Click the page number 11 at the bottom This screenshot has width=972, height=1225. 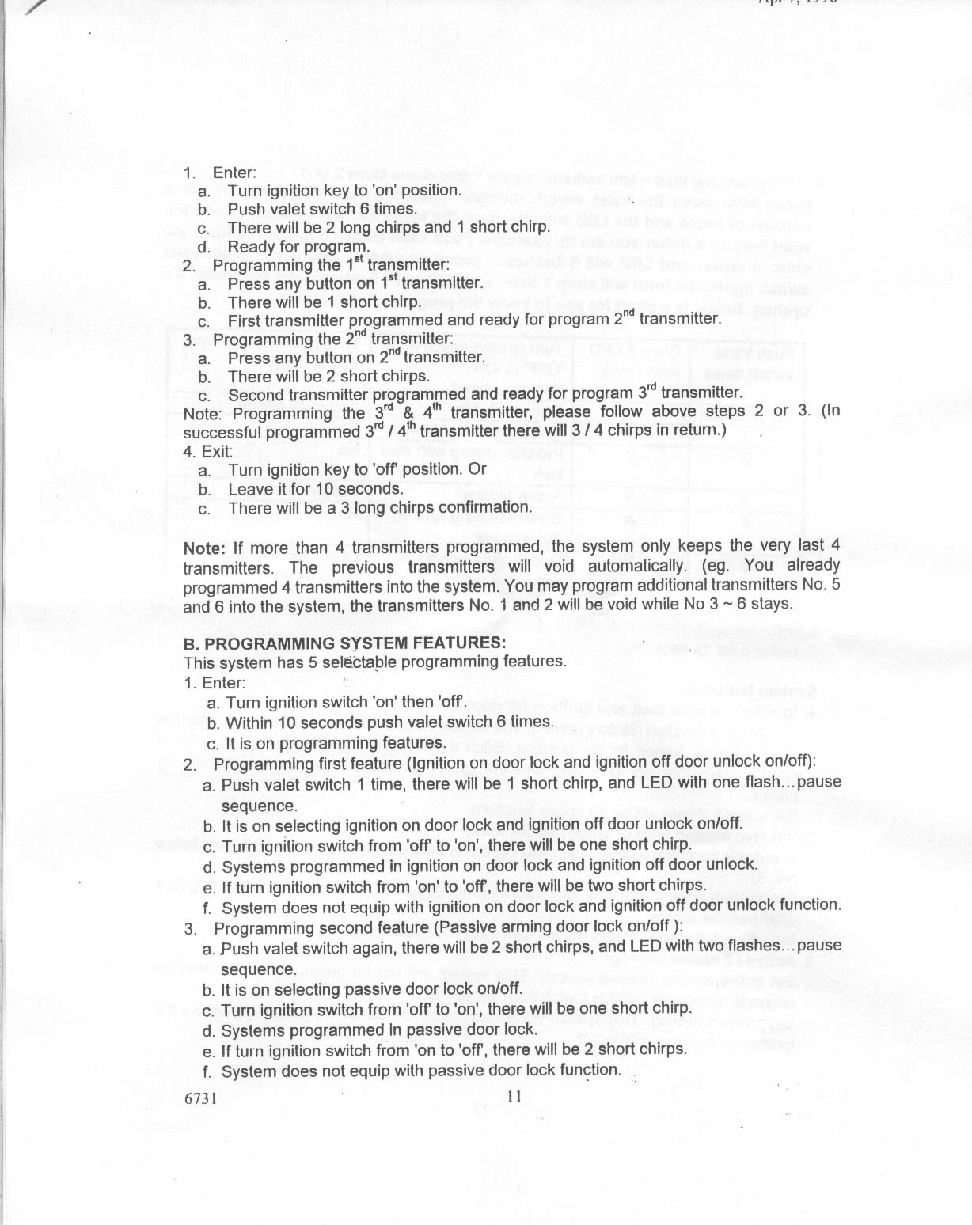[x=514, y=1097]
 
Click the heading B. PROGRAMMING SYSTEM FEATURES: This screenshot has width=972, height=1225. [x=344, y=643]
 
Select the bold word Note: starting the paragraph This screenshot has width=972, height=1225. [x=205, y=548]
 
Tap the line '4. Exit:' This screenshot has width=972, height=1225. [x=207, y=451]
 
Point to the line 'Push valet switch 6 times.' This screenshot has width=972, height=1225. [x=321, y=209]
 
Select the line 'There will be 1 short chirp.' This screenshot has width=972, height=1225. [x=323, y=302]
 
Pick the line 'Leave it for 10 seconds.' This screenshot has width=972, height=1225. [x=316, y=489]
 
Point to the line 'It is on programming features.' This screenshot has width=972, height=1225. [x=336, y=743]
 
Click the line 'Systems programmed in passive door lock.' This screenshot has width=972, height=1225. [x=379, y=1030]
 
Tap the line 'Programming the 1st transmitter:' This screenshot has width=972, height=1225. [x=331, y=264]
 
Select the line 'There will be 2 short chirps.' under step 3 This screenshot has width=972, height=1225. [x=328, y=377]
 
